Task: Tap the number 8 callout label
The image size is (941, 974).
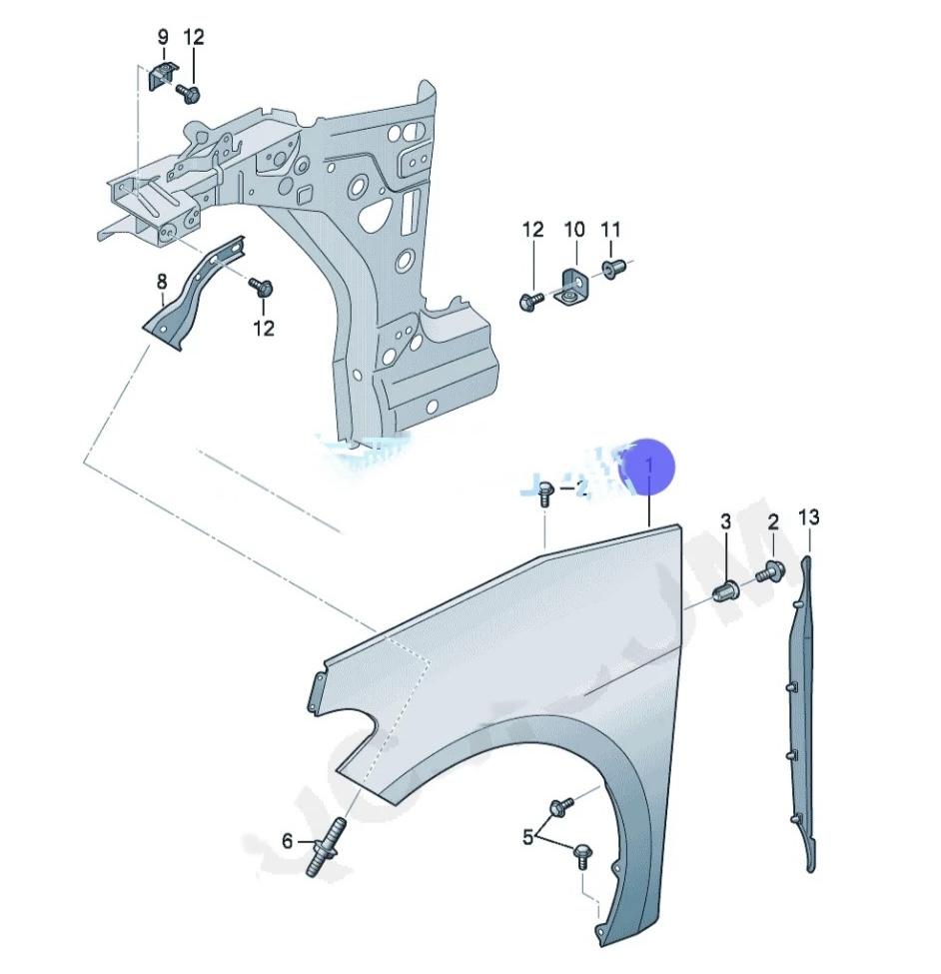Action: point(162,283)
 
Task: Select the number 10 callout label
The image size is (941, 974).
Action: point(573,230)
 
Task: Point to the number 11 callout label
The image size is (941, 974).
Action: point(610,230)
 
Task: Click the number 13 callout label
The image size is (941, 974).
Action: point(808,517)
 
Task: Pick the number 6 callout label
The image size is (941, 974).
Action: point(288,841)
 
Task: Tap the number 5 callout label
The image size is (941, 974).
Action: point(528,838)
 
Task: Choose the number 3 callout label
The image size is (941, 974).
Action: point(725,521)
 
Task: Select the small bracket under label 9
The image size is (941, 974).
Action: point(160,76)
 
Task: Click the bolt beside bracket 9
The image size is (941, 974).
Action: point(189,93)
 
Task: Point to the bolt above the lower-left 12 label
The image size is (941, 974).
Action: point(263,289)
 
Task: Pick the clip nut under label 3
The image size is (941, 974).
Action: point(727,590)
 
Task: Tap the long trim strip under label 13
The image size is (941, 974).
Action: point(807,719)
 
